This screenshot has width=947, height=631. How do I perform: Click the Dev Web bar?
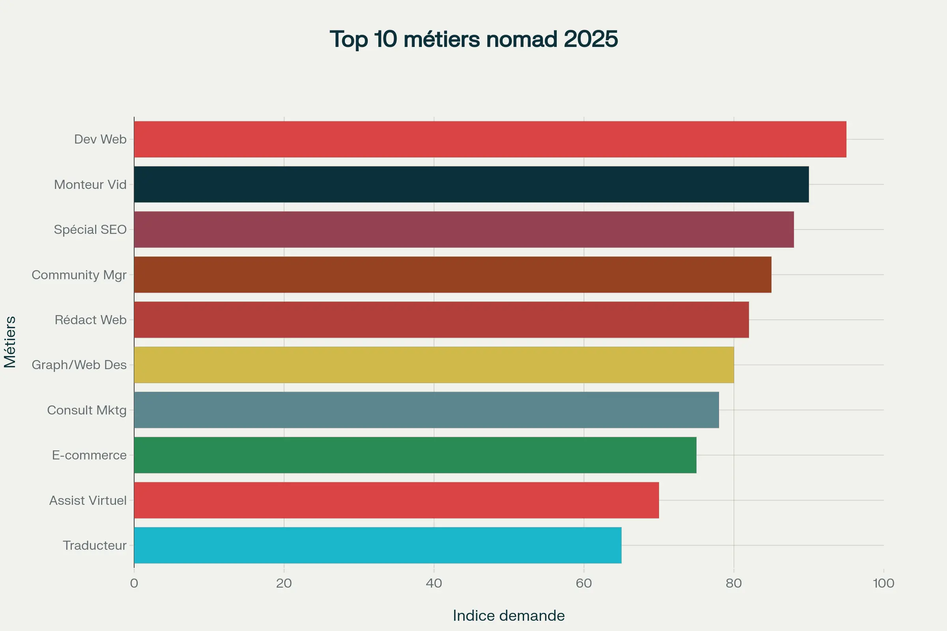(490, 139)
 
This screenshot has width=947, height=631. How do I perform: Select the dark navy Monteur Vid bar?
(471, 184)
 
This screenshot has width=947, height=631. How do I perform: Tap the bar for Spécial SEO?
(464, 230)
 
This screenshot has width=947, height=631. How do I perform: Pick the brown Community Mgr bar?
(453, 274)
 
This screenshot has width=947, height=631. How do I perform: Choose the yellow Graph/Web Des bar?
(434, 364)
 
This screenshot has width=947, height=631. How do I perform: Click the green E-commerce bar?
(415, 455)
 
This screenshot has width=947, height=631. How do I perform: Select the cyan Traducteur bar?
(378, 545)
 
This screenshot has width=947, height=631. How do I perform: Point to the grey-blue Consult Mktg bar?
(426, 410)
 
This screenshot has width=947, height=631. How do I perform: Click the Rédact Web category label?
(91, 320)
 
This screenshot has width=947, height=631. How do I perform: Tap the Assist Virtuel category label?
(88, 500)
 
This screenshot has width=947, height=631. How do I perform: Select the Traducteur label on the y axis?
(95, 545)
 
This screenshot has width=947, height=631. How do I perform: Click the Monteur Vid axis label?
(90, 185)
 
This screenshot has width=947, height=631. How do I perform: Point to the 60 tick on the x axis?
(584, 583)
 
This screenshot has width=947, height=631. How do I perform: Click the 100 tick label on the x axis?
(883, 583)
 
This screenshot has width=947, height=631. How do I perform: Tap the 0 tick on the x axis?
(134, 583)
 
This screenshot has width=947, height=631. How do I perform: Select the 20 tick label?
(284, 583)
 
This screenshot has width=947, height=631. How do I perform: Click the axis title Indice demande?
(509, 616)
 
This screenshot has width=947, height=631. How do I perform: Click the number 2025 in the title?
(590, 39)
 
